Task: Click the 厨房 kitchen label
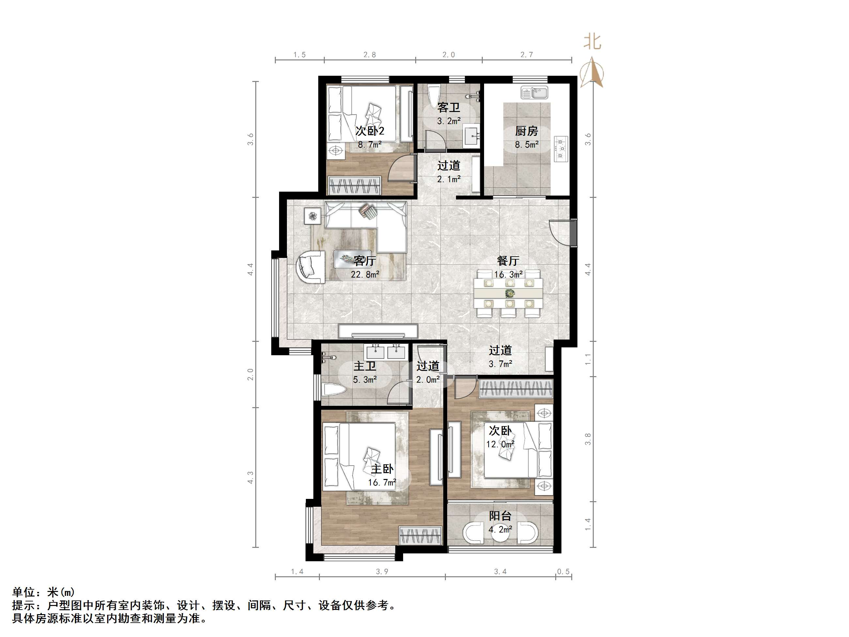click(526, 131)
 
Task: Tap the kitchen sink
click(534, 92)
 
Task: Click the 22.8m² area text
click(365, 275)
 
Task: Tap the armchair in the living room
click(311, 266)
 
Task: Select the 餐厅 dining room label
click(508, 261)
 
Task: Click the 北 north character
click(592, 41)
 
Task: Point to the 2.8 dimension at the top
click(369, 55)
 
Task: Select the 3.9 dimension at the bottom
click(382, 572)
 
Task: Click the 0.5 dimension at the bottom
click(563, 572)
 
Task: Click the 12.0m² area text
click(500, 444)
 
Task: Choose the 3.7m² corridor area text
click(500, 364)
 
